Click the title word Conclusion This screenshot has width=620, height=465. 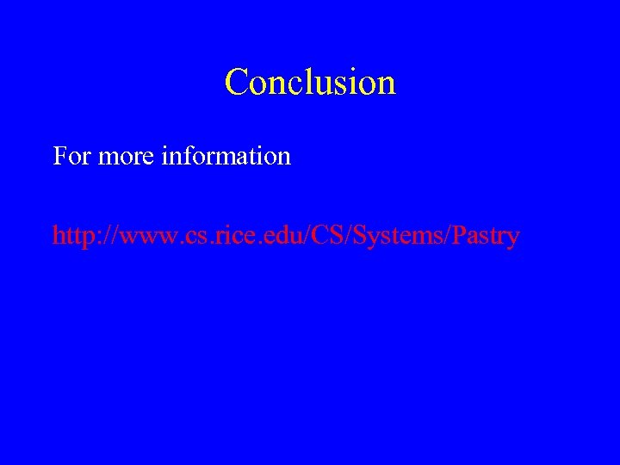click(x=310, y=83)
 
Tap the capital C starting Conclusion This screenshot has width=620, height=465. click(x=235, y=83)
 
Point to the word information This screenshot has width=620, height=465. click(x=226, y=157)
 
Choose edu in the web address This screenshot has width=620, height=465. click(x=273, y=236)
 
